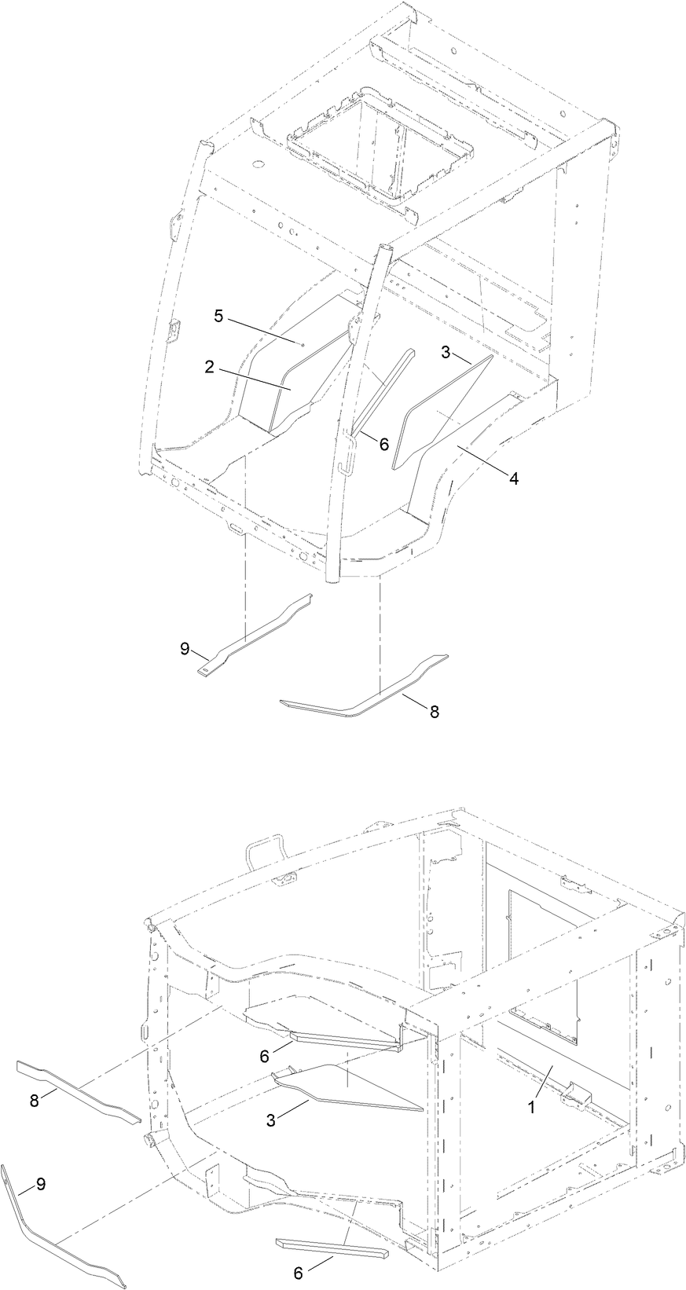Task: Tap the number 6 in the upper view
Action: click(x=383, y=444)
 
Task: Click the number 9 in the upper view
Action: click(x=185, y=649)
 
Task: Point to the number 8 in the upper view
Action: click(x=434, y=711)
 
